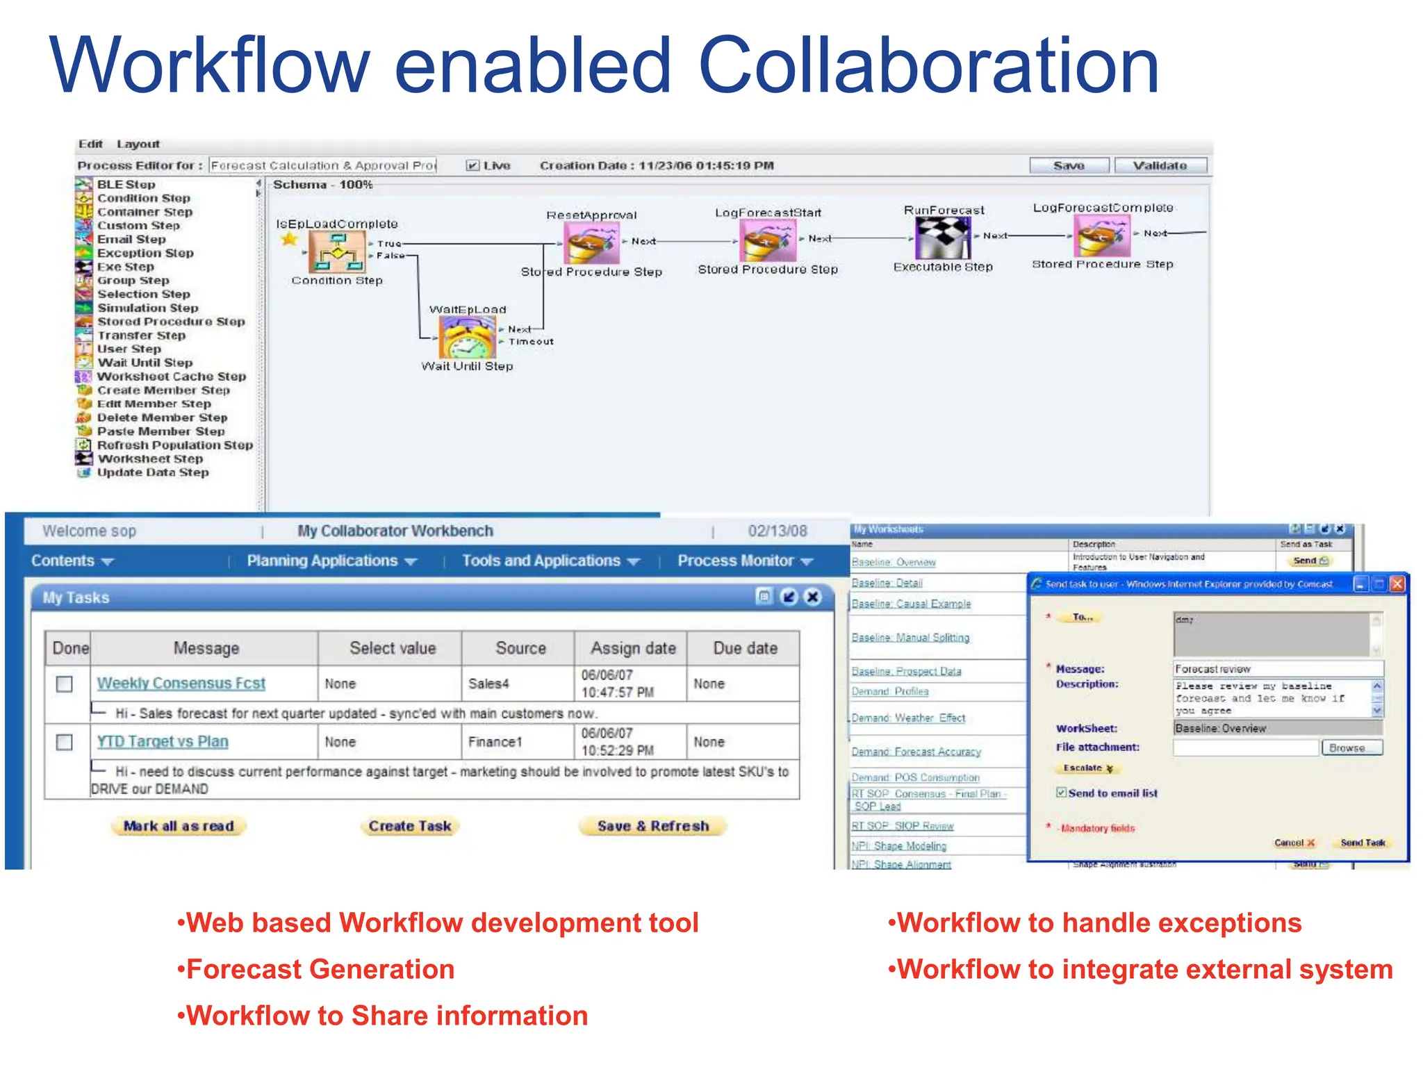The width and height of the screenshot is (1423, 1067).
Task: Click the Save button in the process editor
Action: tap(1069, 165)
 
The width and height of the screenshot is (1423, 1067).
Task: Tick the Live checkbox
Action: tap(472, 165)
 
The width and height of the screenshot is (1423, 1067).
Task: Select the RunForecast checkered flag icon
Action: tap(942, 238)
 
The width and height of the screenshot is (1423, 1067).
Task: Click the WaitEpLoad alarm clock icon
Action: tap(468, 338)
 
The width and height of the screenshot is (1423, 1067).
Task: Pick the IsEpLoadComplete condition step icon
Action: tap(337, 251)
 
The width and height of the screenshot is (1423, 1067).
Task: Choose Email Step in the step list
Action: tap(131, 239)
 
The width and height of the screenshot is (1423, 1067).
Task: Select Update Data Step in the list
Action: tap(152, 472)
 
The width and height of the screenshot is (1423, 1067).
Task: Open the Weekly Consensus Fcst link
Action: tap(181, 684)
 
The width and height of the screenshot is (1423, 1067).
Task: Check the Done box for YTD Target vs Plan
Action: tap(64, 742)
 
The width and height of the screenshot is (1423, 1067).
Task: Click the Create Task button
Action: tap(410, 826)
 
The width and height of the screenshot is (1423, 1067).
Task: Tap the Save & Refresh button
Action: tap(653, 826)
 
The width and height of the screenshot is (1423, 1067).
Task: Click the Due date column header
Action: tap(745, 648)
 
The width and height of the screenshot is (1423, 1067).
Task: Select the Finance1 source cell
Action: tap(495, 742)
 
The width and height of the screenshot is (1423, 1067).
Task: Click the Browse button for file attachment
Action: tap(1347, 748)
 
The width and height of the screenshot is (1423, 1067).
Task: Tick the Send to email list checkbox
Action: tap(1061, 793)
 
